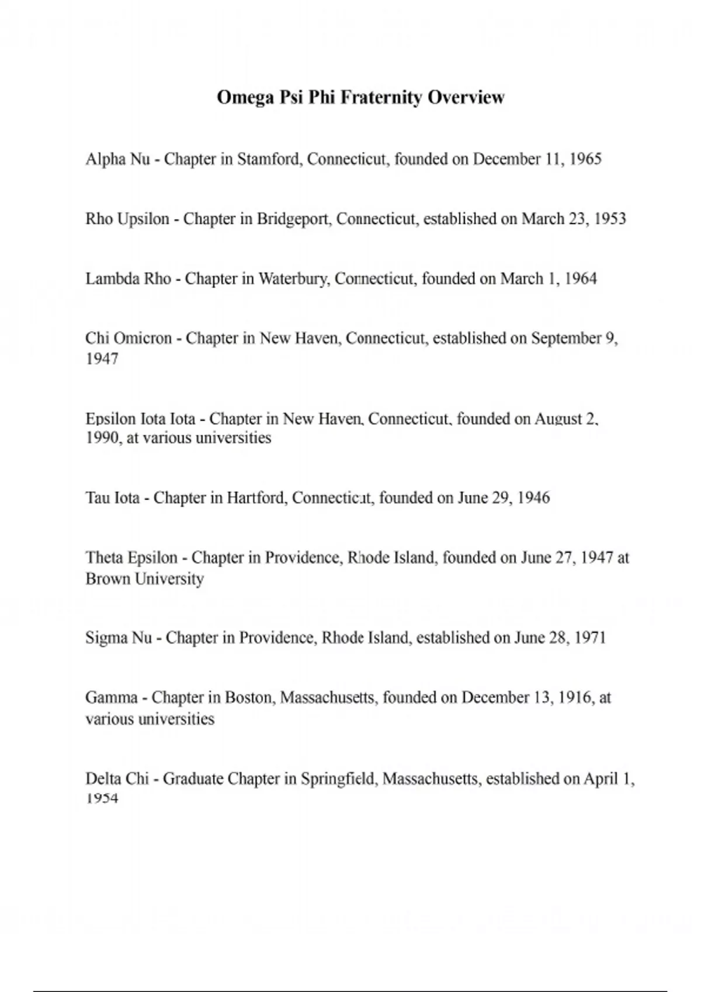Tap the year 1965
click(x=585, y=159)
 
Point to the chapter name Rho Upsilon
click(x=127, y=219)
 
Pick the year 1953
click(x=610, y=219)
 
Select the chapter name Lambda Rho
click(x=128, y=279)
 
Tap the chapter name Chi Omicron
click(x=129, y=338)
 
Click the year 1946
click(x=534, y=498)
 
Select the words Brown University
click(x=144, y=579)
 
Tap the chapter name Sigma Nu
click(x=119, y=638)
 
